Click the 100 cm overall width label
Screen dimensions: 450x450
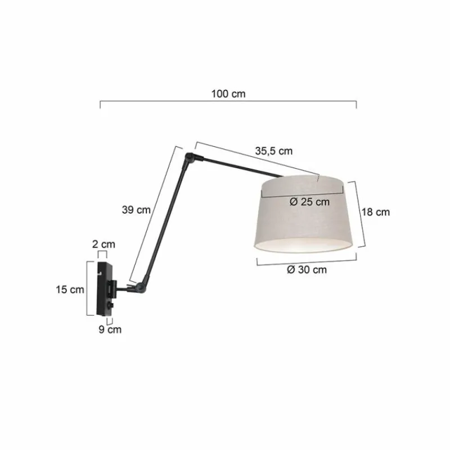228,94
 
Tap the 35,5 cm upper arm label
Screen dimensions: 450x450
274,151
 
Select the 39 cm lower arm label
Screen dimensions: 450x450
136,210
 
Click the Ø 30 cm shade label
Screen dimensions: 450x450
307,269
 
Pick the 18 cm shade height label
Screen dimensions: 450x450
375,212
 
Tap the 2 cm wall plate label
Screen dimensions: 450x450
103,244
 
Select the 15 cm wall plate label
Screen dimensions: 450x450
70,289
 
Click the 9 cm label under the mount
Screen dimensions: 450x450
110,329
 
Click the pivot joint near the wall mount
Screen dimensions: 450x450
136,289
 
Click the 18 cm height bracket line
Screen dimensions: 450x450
360,214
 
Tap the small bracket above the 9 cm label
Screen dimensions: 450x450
110,320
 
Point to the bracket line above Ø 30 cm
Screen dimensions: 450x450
307,260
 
